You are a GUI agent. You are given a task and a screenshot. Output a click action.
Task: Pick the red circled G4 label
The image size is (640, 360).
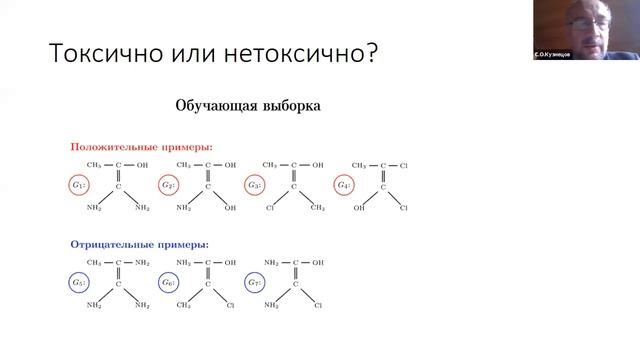tap(344, 186)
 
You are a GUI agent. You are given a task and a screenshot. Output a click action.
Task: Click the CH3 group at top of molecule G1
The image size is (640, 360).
tap(95, 165)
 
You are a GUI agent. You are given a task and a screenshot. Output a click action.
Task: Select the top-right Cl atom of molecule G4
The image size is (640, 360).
tap(404, 165)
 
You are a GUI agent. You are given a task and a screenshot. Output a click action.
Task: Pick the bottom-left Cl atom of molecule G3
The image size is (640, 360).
tap(270, 208)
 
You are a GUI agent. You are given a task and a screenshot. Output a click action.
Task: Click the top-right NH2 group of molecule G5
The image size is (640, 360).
tap(142, 262)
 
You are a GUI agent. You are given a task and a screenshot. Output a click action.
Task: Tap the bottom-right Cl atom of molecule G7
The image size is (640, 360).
tap(317, 305)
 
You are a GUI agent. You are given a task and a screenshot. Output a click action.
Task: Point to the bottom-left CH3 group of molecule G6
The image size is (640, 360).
tap(183, 305)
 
